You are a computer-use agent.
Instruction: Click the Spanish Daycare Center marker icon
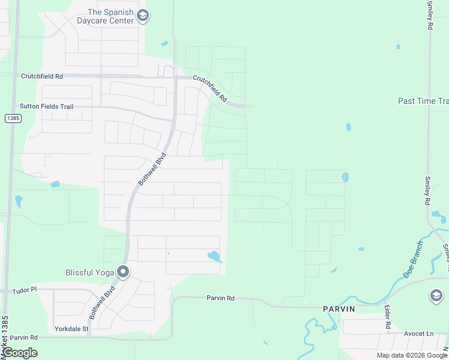[x=142, y=16]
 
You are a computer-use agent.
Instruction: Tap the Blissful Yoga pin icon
[x=123, y=272]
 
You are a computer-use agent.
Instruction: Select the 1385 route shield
[x=13, y=119]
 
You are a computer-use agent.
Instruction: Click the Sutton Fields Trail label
[x=46, y=106]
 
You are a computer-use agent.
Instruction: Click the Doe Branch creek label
[x=412, y=260]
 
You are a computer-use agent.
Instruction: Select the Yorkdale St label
[x=71, y=329]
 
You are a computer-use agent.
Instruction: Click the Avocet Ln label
[x=418, y=334]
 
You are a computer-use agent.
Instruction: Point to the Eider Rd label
[x=388, y=316]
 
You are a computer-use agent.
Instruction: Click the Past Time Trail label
[x=423, y=101]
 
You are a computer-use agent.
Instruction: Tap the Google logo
[x=20, y=353]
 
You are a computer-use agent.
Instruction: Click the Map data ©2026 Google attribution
[x=412, y=355]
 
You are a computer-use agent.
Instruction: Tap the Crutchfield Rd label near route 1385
[x=42, y=76]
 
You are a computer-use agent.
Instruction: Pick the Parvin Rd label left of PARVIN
[x=220, y=298]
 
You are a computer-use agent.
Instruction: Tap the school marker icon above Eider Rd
[x=436, y=295]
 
